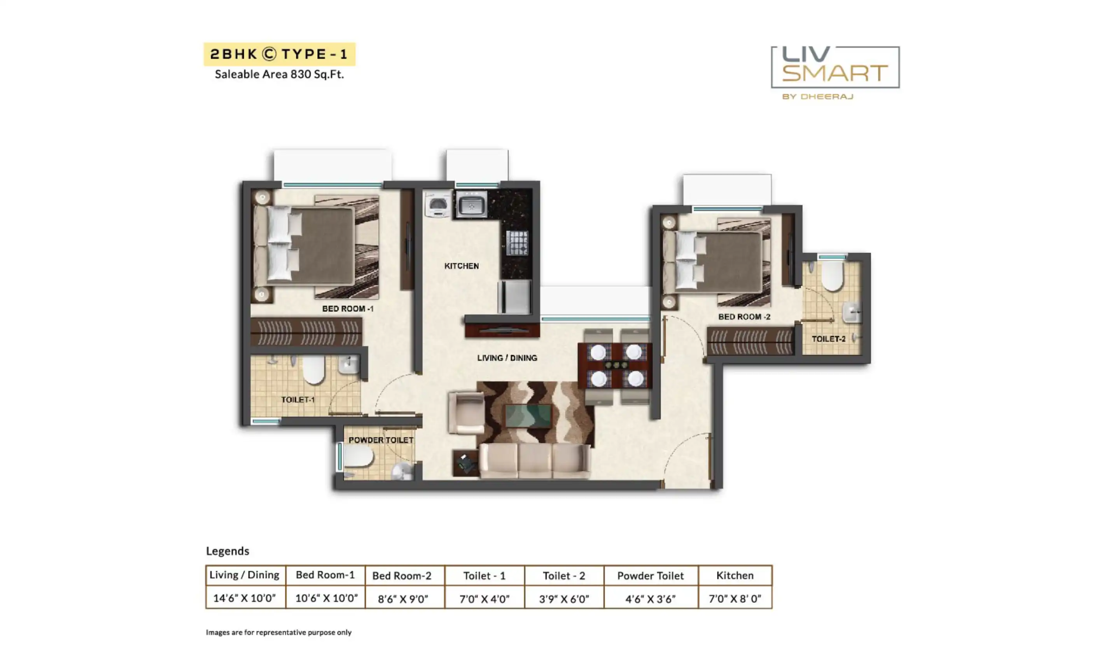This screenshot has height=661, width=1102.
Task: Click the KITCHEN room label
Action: click(462, 266)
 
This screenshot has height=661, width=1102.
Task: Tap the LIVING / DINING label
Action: click(507, 358)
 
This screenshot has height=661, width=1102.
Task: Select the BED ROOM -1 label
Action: click(348, 309)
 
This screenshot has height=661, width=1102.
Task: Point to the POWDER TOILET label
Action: click(381, 440)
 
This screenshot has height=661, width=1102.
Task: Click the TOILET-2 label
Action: click(828, 339)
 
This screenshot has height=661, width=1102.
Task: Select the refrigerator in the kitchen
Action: click(515, 297)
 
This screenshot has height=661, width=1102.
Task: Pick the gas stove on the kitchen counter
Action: click(517, 243)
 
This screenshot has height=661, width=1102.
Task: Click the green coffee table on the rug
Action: click(528, 416)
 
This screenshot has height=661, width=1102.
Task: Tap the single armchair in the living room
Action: click(466, 413)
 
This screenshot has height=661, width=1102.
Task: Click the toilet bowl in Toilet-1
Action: click(313, 369)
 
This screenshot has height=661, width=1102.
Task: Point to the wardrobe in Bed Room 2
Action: click(750, 341)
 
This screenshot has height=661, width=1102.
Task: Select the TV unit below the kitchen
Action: click(502, 330)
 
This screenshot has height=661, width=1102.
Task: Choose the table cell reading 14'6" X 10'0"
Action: click(245, 598)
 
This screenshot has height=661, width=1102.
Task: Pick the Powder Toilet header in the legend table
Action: click(650, 575)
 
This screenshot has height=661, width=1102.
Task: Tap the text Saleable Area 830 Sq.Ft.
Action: click(279, 74)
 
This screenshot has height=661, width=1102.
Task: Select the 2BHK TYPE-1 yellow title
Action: click(279, 54)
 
